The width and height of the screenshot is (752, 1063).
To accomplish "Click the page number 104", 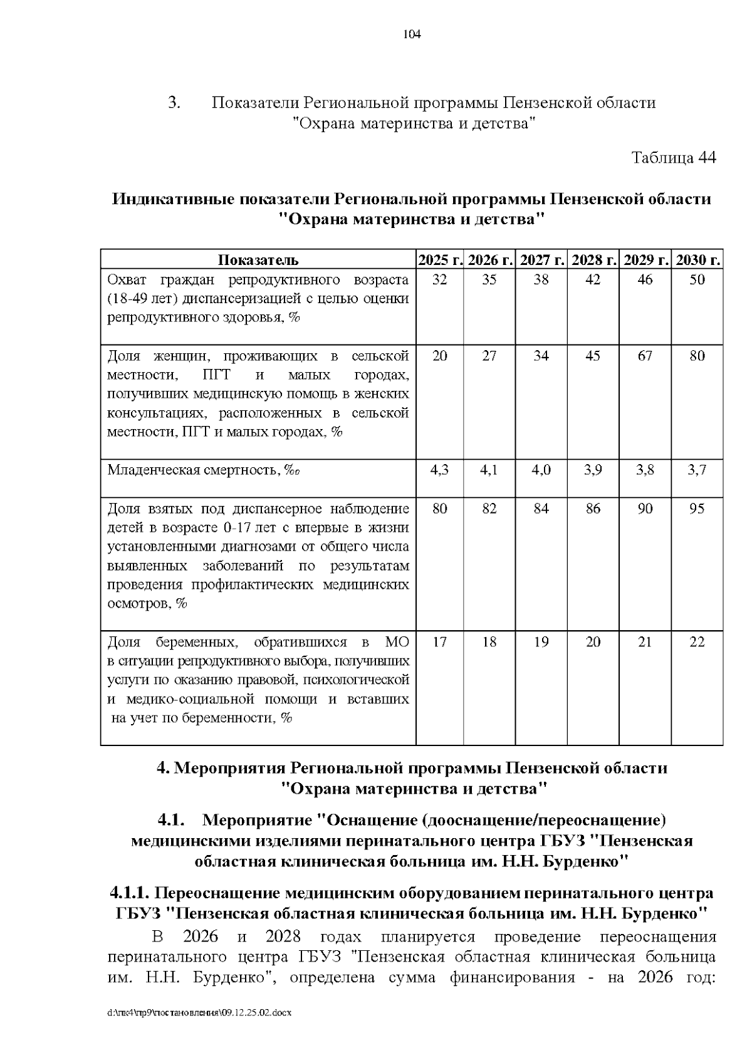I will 412,34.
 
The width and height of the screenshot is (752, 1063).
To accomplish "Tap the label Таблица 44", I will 673,157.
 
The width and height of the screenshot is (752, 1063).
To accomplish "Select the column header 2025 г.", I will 440,260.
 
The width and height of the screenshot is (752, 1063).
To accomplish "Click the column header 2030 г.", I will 697,260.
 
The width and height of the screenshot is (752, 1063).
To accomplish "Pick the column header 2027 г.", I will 542,260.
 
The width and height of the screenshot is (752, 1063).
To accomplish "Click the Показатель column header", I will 258,260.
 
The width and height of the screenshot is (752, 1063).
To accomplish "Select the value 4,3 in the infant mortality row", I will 440,470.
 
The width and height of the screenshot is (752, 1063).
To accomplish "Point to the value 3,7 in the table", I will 697,470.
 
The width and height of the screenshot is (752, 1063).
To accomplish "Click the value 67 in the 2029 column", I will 645,356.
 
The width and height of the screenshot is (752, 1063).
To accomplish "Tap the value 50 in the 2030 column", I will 697,279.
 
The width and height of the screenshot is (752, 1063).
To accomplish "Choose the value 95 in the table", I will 697,508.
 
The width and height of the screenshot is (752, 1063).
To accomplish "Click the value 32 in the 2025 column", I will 440,279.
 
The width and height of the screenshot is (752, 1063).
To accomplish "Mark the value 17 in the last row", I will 440,641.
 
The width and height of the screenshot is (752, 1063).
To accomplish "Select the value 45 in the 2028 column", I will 593,356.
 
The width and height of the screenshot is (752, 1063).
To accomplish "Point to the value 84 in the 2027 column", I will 541,508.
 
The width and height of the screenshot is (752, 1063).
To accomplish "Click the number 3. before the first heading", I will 175,103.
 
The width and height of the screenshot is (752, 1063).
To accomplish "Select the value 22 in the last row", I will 697,641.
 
